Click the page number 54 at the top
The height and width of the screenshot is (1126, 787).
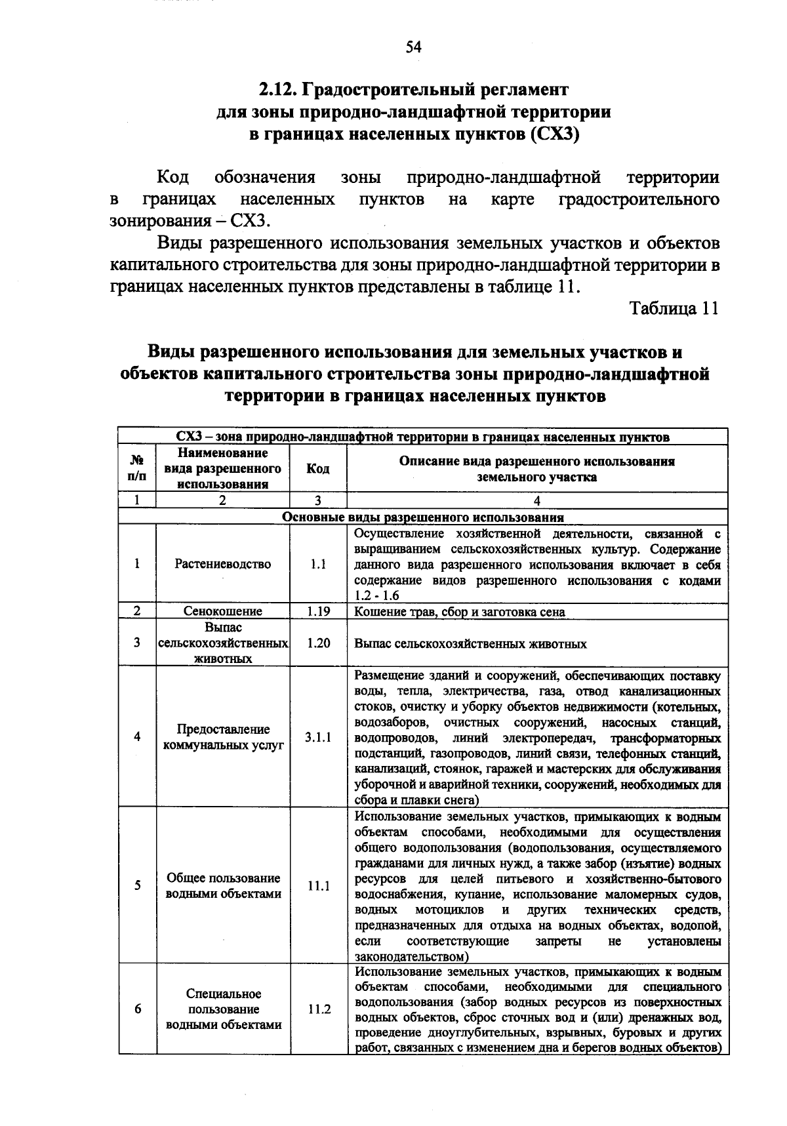414,47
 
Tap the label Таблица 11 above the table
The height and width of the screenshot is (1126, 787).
674,308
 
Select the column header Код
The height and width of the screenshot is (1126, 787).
318,469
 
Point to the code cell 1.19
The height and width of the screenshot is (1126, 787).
318,611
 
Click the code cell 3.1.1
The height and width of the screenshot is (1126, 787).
318,736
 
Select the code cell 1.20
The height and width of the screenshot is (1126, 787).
318,643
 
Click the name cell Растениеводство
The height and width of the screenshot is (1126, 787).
223,564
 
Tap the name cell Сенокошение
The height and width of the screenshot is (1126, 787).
223,611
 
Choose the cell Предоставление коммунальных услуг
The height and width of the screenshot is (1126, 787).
223,737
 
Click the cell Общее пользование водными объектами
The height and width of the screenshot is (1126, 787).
223,886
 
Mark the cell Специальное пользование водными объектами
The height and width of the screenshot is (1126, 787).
223,1009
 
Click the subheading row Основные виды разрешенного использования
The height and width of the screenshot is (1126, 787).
423,517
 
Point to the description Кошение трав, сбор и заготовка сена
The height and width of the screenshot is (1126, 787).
459,612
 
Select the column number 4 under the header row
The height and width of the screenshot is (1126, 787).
537,501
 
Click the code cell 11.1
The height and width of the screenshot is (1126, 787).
318,886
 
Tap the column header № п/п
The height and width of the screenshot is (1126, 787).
137,469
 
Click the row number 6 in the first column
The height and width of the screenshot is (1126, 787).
137,1009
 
